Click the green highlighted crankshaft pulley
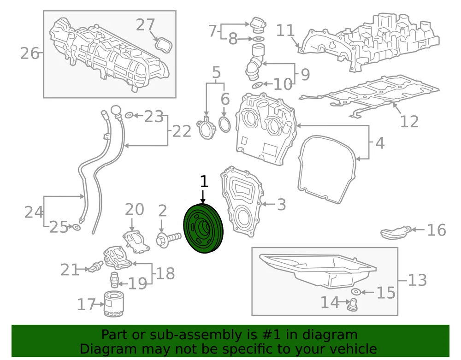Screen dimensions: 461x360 203,228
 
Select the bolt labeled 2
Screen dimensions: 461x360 169,238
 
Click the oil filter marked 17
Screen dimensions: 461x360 114,304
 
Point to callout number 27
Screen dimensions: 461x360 145,25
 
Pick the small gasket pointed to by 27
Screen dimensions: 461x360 164,45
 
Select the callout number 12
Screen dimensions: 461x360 409,121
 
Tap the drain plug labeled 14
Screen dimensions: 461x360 352,305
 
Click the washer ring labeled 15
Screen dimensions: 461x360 356,292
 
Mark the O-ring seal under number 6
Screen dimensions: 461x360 225,124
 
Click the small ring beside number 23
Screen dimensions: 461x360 129,115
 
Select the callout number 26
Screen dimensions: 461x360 30,53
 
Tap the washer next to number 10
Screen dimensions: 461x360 257,85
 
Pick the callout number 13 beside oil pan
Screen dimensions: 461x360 417,280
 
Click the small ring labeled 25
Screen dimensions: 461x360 76,227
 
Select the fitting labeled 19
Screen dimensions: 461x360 114,280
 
